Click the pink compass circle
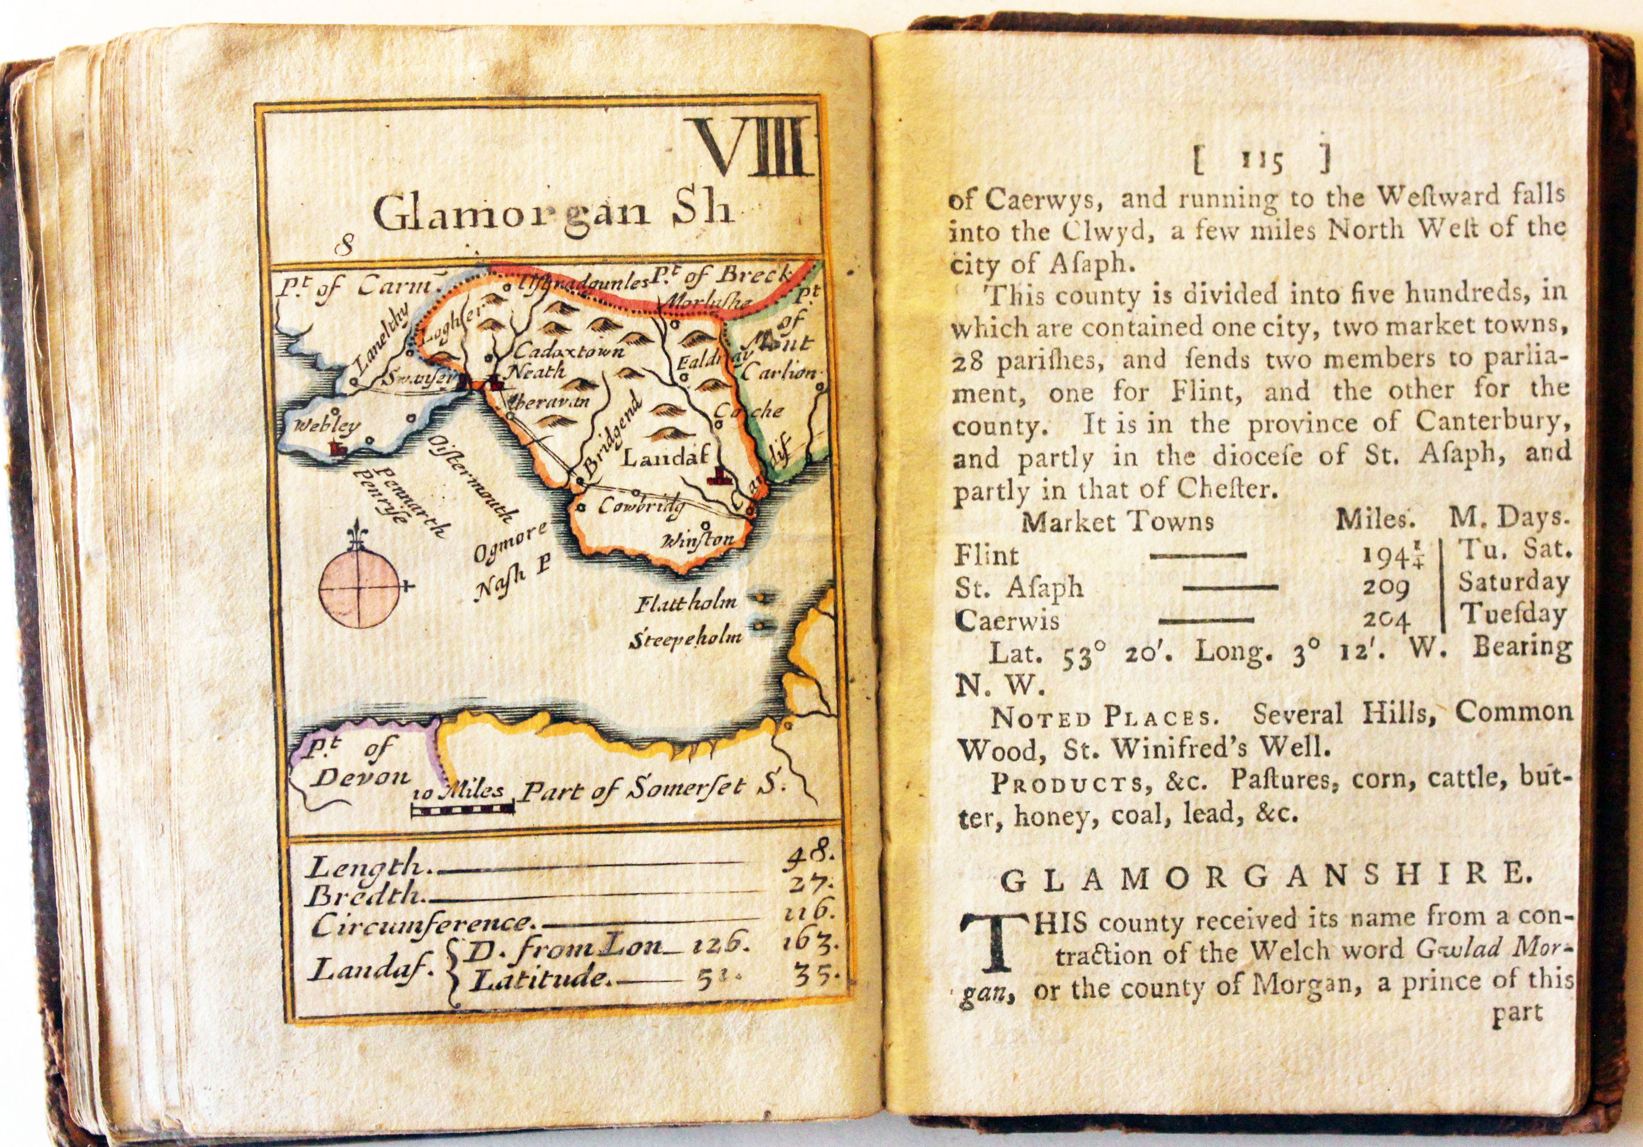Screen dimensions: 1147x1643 (x=359, y=585)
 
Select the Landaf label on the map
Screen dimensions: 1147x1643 (x=665, y=458)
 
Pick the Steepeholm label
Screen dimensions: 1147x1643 (x=685, y=639)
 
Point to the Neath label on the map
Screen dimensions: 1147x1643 (x=536, y=371)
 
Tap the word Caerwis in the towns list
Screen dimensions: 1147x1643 (x=1007, y=620)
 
